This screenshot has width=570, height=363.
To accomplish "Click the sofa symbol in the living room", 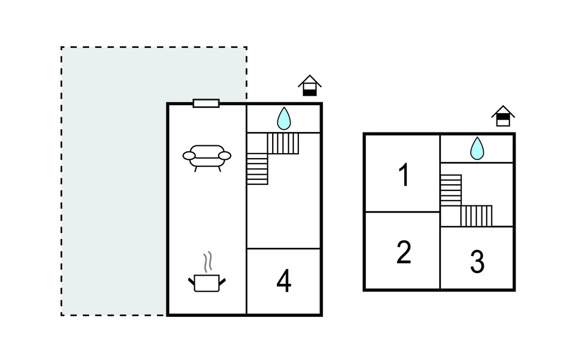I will point(207,156).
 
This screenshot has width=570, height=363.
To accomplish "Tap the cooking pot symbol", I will point(207,282).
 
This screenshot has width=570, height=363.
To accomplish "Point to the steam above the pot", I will point(208,262).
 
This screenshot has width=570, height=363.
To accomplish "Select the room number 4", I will point(284,282).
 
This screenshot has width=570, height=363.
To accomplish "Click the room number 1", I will point(404,175).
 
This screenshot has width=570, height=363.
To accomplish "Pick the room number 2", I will point(404,252).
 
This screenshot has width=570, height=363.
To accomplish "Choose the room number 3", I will point(477,262).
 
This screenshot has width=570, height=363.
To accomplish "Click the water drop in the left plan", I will point(284,118).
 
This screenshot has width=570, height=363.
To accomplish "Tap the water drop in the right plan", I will point(477,148).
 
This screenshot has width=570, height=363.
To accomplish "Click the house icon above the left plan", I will point(309,86).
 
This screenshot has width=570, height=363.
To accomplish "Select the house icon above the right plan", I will point(503,116).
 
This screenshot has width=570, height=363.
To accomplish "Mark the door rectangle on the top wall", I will point(206,103).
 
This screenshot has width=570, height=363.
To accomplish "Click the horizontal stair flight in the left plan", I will point(283,143).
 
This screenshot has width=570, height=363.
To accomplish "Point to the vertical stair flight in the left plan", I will point(257,169).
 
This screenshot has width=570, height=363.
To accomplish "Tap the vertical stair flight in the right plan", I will point(451,190).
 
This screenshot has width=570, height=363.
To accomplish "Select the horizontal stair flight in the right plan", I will point(476,215).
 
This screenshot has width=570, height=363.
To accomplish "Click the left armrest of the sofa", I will point(189,156).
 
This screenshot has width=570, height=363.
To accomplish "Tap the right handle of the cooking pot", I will point(223,282).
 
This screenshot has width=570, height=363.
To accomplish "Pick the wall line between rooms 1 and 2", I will point(402,212).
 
